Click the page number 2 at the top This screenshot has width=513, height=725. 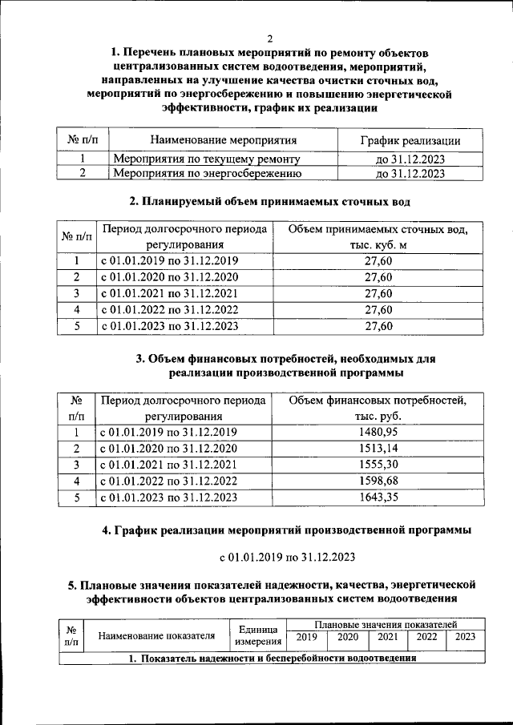coord(270,38)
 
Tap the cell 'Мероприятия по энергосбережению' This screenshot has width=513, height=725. coord(207,172)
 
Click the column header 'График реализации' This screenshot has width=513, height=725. coord(410,141)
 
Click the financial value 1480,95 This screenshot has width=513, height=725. coord(378,432)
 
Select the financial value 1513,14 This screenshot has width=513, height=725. coord(378,448)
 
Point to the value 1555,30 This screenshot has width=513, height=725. coord(378,465)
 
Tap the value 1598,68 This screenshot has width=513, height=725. coord(378,481)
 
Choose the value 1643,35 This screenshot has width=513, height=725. coord(378,498)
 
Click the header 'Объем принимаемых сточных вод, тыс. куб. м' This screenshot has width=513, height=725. coord(378,236)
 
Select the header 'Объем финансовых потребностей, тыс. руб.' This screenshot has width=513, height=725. coord(378,408)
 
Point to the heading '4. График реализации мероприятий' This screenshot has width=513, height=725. coord(286,530)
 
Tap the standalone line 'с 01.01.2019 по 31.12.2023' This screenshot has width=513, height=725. coord(288,556)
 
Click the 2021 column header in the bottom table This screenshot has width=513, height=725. coord(387,637)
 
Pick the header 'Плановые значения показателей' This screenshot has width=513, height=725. coord(386,623)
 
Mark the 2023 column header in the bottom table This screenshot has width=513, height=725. coord(465,637)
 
